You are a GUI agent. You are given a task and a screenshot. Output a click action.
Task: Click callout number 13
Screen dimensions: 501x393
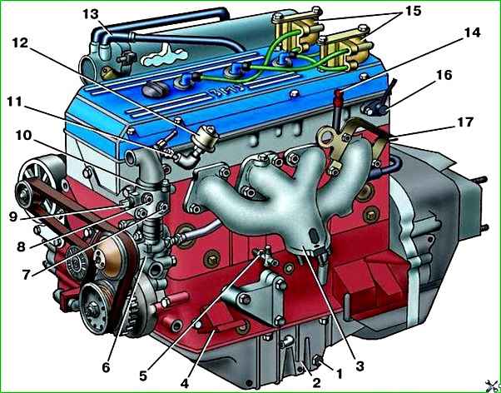[x=91, y=14]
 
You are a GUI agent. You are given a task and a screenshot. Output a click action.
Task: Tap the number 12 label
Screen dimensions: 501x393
[x=21, y=42]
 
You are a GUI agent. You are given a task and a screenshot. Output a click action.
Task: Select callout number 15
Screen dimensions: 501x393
[x=414, y=11]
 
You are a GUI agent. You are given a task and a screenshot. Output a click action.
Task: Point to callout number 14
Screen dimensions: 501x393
[x=472, y=32]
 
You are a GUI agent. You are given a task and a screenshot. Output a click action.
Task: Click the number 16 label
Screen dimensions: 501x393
[x=444, y=76]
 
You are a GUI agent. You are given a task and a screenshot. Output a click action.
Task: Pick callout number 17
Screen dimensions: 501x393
[x=465, y=122]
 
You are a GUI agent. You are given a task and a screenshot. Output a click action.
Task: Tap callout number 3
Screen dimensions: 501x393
[x=360, y=366]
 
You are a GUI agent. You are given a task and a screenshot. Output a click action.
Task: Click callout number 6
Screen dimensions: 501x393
[x=106, y=368]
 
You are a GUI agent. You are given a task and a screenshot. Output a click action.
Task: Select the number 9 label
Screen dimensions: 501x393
[x=12, y=217]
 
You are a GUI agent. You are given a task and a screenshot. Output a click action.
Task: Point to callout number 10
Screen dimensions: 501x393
[x=23, y=136]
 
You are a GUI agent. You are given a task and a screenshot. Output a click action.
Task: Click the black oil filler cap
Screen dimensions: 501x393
[x=154, y=90]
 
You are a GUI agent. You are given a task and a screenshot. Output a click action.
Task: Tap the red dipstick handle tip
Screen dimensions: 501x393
[x=339, y=93]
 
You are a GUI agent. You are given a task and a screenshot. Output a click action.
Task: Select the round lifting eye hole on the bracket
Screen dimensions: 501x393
[x=326, y=137]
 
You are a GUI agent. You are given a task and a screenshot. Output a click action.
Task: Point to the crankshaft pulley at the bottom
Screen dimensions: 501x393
[x=93, y=307]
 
